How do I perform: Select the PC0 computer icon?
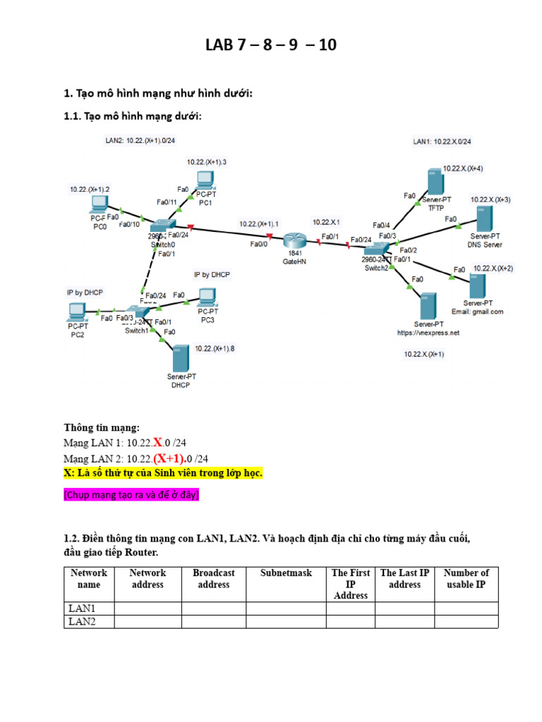tap(97, 205)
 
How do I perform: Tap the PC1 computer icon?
tap(205, 180)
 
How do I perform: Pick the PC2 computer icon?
tap(77, 311)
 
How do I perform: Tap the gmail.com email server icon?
tap(478, 285)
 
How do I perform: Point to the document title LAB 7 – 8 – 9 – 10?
tap(271, 46)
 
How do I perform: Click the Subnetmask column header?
tap(286, 573)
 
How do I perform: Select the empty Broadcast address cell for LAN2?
tap(213, 621)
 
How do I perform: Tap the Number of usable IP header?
tap(466, 578)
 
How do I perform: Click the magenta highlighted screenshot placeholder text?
tap(131, 495)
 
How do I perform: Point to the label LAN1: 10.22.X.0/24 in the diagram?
tap(442, 142)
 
